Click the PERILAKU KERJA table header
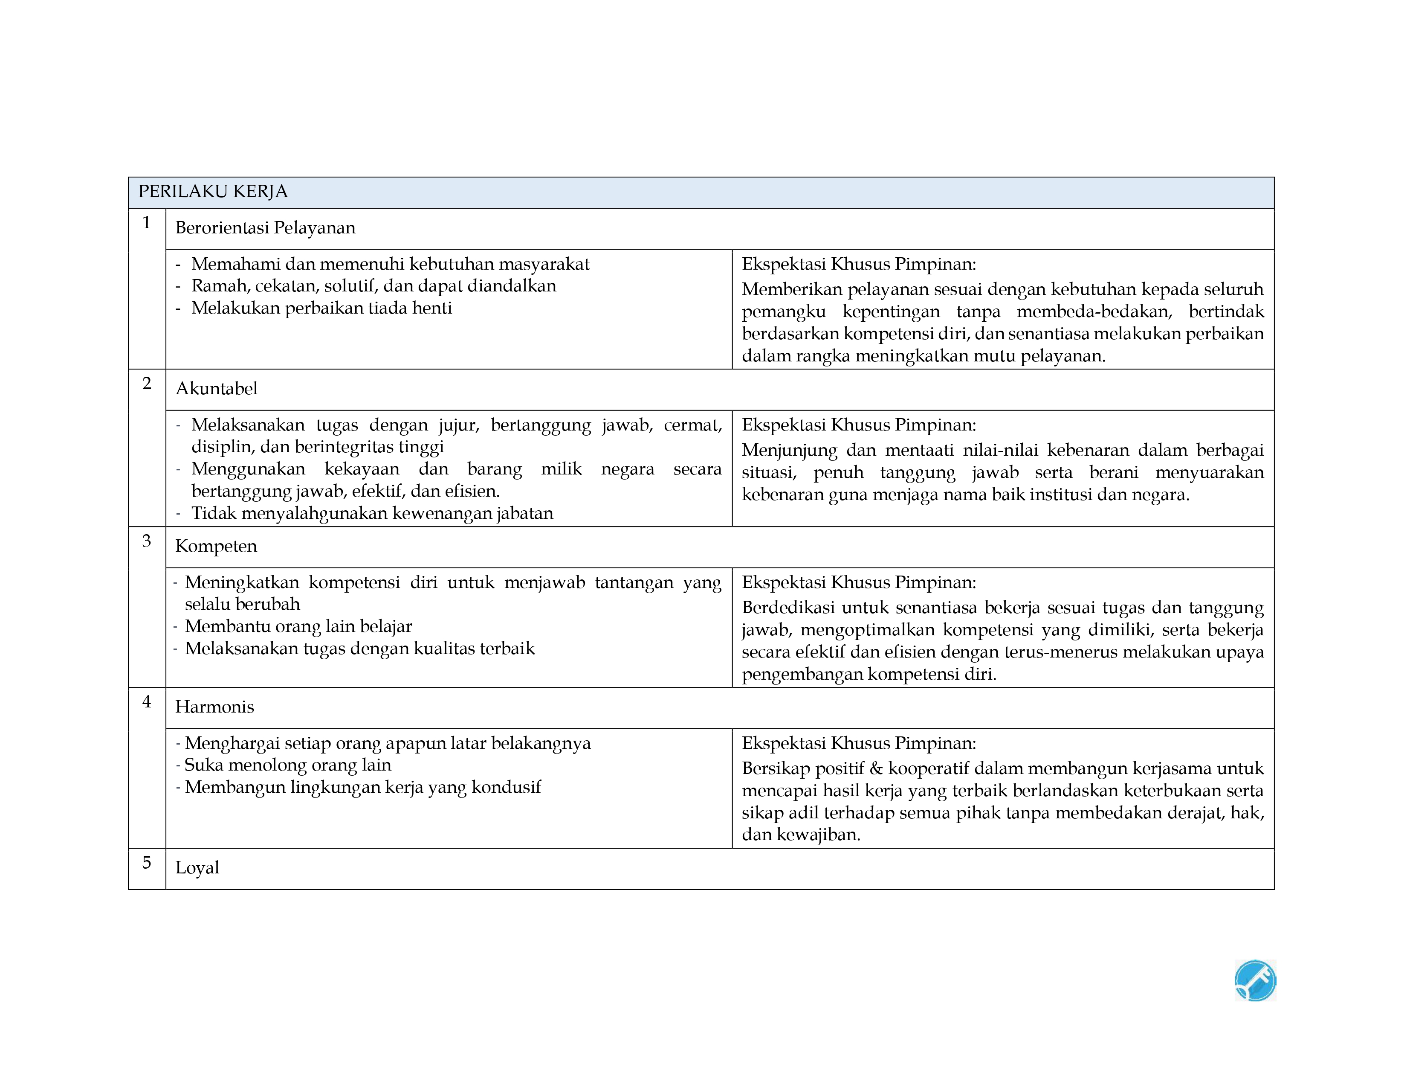tap(213, 192)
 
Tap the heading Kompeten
tap(216, 547)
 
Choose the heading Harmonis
tap(214, 707)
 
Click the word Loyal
tap(197, 867)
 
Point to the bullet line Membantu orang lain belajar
tap(298, 626)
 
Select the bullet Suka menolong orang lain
tap(288, 765)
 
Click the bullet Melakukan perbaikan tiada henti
tap(321, 308)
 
